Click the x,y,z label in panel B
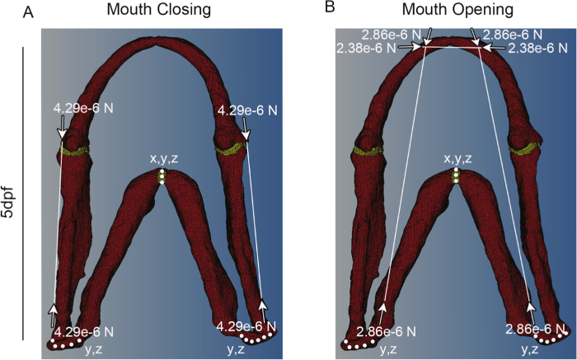457,158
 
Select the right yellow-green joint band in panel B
525,150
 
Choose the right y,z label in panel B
531,350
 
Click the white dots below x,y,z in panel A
162,177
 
